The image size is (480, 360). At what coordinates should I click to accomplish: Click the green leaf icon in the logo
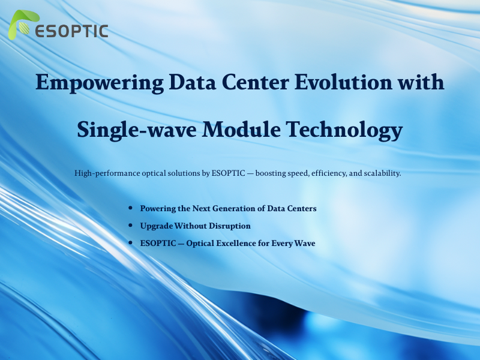21,26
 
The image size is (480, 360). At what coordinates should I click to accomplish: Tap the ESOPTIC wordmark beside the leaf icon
71,31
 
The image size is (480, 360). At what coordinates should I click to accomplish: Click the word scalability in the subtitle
379,173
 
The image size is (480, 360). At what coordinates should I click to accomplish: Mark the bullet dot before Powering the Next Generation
131,208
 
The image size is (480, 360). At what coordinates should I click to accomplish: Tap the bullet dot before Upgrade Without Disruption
131,226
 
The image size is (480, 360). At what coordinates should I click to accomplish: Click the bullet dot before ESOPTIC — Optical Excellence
131,243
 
